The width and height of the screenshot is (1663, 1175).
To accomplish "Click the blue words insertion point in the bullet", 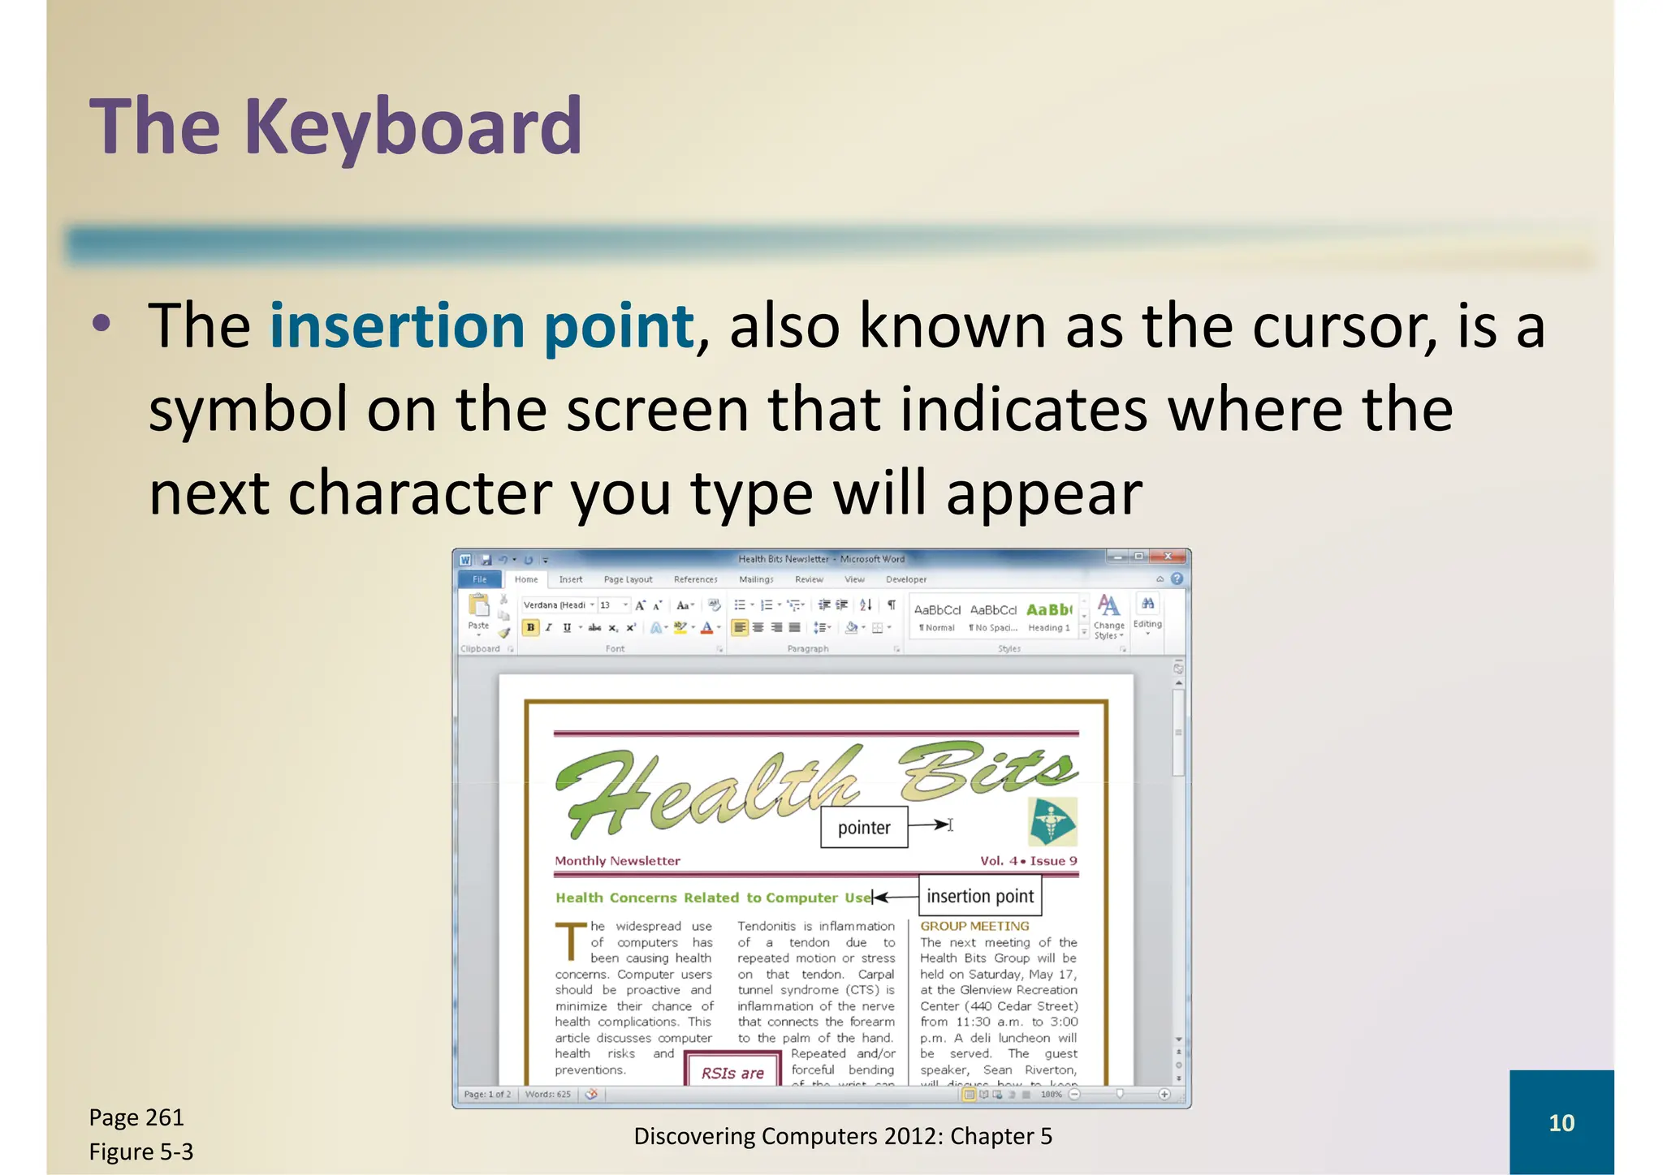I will point(482,325).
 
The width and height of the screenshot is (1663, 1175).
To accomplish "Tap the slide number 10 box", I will point(1561,1122).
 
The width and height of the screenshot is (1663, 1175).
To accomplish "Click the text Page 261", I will point(136,1117).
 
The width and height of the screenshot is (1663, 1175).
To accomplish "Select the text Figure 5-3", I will point(141,1151).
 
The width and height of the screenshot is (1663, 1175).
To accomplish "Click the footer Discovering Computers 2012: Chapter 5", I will point(842,1136).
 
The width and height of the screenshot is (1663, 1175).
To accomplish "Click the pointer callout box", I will point(864,828).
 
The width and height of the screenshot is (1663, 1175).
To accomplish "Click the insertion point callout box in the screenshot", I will point(980,896).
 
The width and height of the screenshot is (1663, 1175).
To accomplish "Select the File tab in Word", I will point(480,579).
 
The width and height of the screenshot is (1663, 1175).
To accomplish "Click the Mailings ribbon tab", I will point(756,579).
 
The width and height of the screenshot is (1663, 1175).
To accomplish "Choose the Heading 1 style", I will point(1048,617).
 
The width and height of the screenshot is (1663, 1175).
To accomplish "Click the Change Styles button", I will point(1108,617).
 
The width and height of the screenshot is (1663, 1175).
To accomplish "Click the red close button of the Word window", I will point(1168,557).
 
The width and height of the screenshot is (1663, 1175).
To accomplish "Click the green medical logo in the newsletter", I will point(1052,822).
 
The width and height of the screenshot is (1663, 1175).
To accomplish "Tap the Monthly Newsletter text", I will point(617,861).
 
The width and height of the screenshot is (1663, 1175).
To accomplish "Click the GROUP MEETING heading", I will point(974,926).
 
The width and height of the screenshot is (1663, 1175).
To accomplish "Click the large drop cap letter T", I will point(571,941).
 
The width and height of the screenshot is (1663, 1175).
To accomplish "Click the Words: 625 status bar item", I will point(547,1094).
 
